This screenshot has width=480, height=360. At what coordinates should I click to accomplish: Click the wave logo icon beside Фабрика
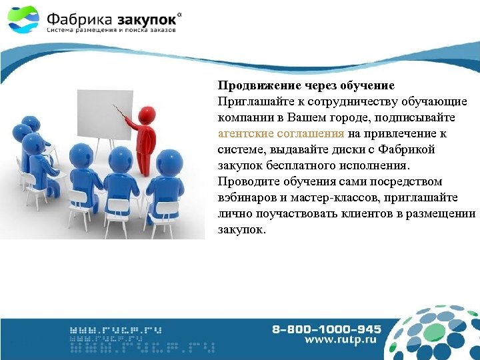click(x=24, y=19)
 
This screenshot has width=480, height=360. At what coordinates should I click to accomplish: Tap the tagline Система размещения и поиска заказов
click(x=111, y=31)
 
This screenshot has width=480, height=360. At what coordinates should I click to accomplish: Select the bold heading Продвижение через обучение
click(x=306, y=86)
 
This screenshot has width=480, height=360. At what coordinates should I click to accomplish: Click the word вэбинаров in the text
click(x=245, y=198)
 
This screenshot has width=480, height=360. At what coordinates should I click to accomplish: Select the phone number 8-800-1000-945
click(x=326, y=329)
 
